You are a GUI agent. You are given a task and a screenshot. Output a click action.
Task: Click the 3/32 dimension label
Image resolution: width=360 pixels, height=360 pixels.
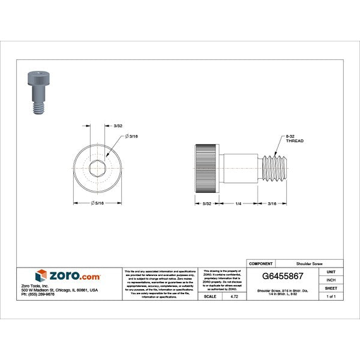click(118, 125)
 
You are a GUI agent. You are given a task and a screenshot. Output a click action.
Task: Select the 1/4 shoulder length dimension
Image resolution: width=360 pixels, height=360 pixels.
click(238, 204)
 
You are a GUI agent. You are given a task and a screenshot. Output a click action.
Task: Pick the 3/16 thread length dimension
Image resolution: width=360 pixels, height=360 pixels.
click(272, 204)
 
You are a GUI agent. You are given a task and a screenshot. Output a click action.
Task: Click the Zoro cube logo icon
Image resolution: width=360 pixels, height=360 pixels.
click(41, 276)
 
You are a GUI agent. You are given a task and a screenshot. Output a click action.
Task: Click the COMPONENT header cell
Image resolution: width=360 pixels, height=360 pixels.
click(261, 263)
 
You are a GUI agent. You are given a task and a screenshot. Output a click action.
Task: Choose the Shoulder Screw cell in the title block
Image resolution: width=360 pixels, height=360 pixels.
click(309, 263)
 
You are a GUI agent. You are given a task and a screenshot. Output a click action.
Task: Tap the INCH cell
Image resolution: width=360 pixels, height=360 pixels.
click(331, 280)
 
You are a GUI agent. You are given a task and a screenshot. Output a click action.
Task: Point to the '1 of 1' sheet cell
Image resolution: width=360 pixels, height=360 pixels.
click(331, 296)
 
